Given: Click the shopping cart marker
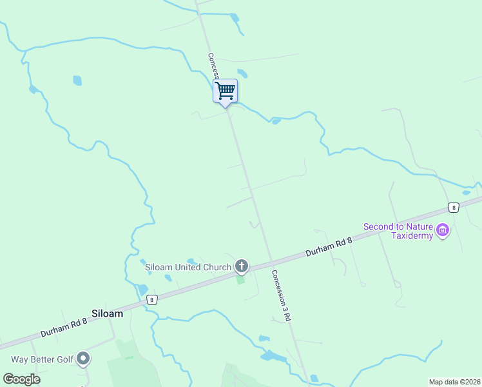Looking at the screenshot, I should tap(225, 90).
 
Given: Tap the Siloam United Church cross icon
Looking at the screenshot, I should tap(242, 266).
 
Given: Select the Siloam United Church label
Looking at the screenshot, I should tap(188, 267).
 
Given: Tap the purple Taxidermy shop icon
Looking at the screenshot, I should tap(442, 230).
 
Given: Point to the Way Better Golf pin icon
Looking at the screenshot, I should tap(82, 358).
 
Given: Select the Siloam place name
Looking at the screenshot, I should tap(107, 313).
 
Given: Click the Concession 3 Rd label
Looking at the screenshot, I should tap(282, 295).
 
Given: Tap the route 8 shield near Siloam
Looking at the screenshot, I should tap(151, 299).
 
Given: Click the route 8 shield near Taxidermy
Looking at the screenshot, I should tap(454, 207).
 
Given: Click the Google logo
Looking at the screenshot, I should tap(21, 379).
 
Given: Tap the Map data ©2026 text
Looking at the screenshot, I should tap(454, 382).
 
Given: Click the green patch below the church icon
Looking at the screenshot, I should tap(241, 280).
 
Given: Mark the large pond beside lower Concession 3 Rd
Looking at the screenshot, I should tap(273, 356).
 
